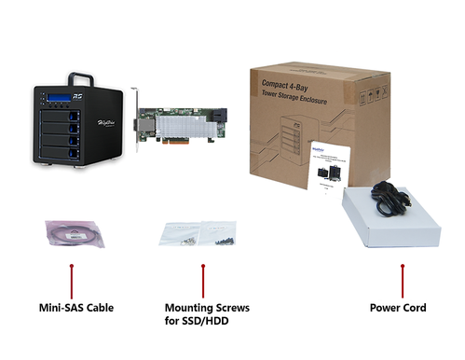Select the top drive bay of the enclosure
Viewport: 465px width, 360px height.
(x=60, y=116)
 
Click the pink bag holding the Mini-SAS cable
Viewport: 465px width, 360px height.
(x=71, y=233)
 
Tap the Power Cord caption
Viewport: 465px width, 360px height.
(x=402, y=307)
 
